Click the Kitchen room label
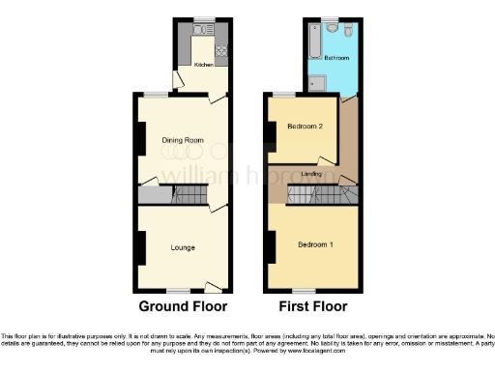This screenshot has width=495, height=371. [x=203, y=65]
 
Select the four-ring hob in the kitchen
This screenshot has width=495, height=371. [x=221, y=48]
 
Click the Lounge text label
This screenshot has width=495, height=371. [x=182, y=248]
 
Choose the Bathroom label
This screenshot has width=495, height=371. [x=336, y=59]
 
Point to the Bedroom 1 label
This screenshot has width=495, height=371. [x=315, y=243]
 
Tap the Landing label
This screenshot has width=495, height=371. [x=311, y=174]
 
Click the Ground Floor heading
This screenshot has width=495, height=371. [x=183, y=307]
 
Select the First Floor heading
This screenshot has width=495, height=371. [x=312, y=307]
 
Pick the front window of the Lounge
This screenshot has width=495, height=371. [x=177, y=290]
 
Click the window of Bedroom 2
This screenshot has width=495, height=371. [x=284, y=94]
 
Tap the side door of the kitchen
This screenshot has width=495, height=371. [x=174, y=77]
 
